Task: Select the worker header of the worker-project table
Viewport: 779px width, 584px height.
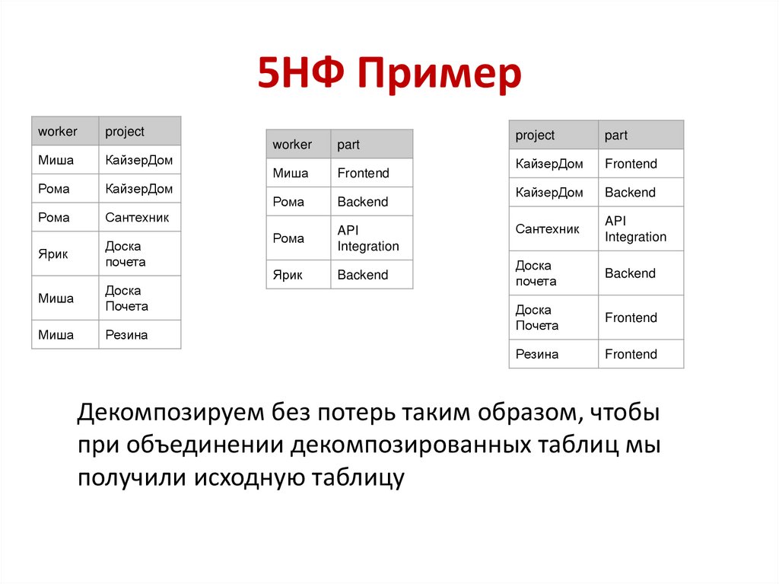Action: pyautogui.click(x=58, y=131)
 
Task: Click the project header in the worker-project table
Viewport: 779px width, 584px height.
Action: pyautogui.click(x=125, y=131)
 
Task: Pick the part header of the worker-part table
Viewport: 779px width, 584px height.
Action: pyautogui.click(x=348, y=144)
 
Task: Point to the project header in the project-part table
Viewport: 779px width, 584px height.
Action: pyautogui.click(x=535, y=135)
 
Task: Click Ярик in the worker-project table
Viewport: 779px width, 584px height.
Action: pyautogui.click(x=53, y=254)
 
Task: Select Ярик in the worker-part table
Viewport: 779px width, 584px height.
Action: pyautogui.click(x=288, y=275)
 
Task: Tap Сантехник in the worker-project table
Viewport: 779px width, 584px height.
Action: pyautogui.click(x=137, y=217)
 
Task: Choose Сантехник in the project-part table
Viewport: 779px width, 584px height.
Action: pyautogui.click(x=547, y=228)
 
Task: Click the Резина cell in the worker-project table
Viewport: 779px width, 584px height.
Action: pyautogui.click(x=126, y=334)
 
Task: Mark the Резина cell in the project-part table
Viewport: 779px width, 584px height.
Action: pyautogui.click(x=537, y=354)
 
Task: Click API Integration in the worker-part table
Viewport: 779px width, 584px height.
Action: pyautogui.click(x=368, y=238)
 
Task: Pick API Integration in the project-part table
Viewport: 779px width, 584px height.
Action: pyautogui.click(x=635, y=228)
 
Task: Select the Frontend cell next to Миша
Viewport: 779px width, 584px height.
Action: pyautogui.click(x=363, y=173)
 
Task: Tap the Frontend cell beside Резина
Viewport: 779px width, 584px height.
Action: pyautogui.click(x=631, y=354)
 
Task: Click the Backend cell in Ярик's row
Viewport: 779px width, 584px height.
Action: pyautogui.click(x=362, y=275)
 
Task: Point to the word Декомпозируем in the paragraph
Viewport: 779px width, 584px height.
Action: pyautogui.click(x=170, y=414)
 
